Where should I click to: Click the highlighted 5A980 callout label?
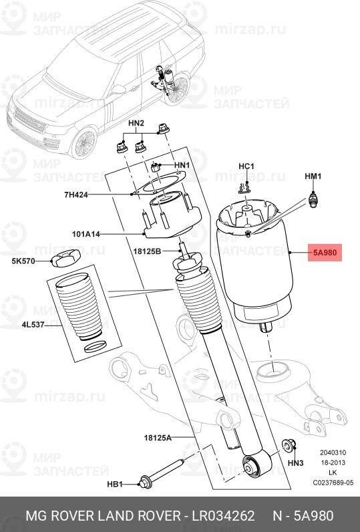325,253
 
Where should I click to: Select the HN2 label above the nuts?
136,124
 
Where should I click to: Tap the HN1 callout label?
182,165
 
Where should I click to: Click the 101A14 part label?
86,235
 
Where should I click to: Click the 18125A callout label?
157,437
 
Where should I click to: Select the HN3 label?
295,463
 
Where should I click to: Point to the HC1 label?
246,166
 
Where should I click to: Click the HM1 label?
313,176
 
